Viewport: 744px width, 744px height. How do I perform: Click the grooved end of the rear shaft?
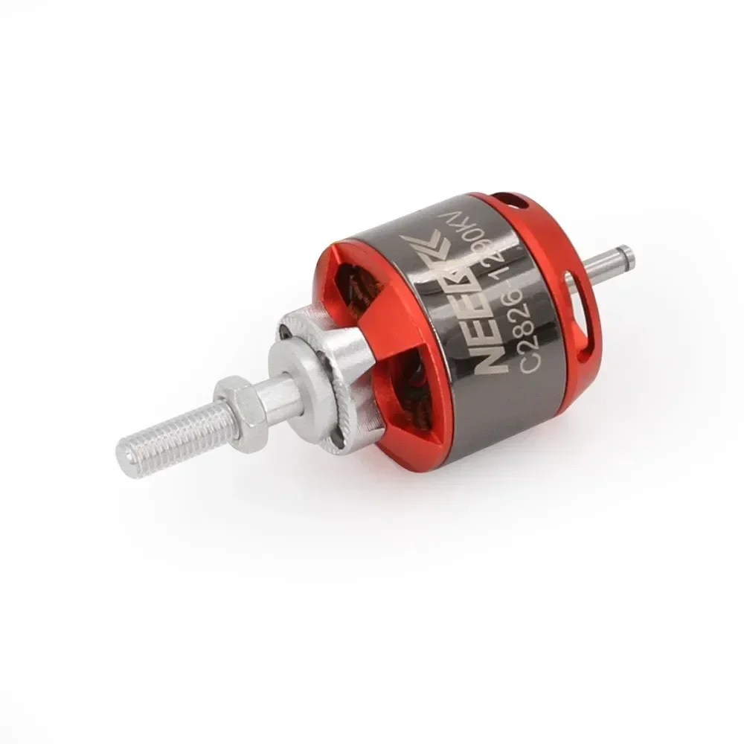629,257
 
